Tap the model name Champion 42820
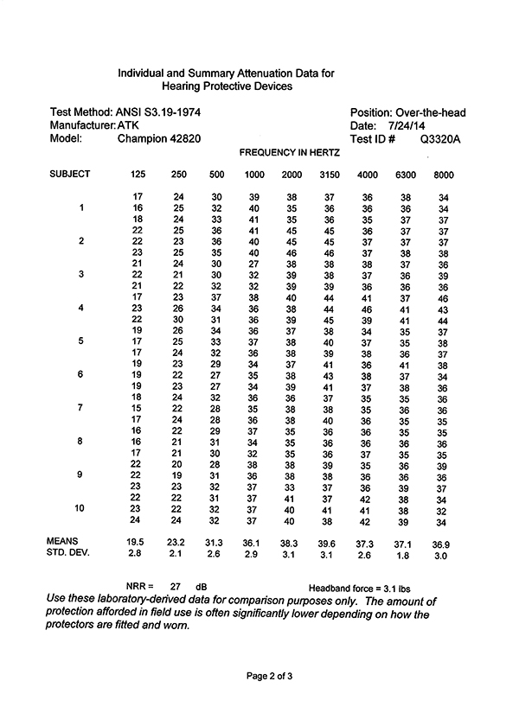(156, 138)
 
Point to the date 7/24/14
(403, 125)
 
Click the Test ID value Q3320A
(440, 138)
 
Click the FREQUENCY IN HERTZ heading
(289, 152)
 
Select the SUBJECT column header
(70, 175)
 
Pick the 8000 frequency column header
(444, 175)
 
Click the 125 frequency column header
(138, 175)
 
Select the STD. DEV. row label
(69, 552)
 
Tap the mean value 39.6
(329, 541)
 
